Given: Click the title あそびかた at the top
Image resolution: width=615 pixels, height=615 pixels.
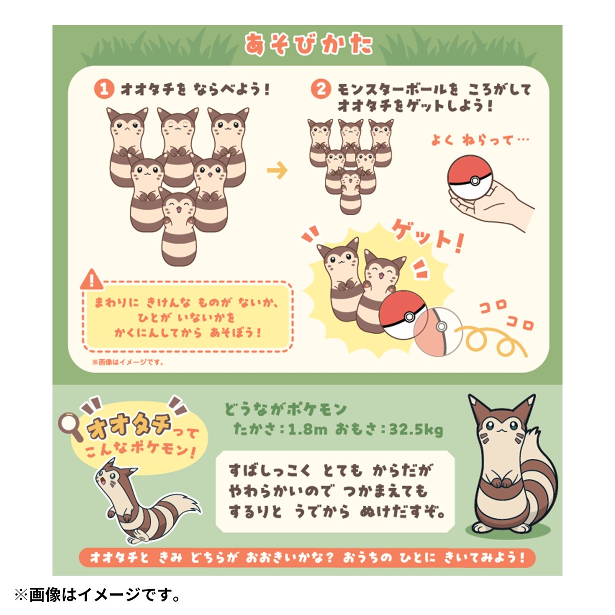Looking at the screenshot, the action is tap(308, 44).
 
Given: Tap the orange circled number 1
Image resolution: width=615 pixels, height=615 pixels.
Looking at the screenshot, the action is tap(104, 89).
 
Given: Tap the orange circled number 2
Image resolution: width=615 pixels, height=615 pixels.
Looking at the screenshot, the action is tap(321, 89).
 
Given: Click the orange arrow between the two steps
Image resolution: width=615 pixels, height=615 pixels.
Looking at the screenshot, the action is tap(277, 170).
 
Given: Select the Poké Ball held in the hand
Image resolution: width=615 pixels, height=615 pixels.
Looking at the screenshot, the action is tap(469, 177).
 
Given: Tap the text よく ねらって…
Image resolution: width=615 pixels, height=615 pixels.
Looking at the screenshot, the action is tap(480, 141).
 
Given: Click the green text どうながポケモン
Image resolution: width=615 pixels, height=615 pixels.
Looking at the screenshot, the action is tap(285, 409).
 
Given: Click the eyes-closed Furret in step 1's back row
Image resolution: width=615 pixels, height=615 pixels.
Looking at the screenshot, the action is tap(178, 143).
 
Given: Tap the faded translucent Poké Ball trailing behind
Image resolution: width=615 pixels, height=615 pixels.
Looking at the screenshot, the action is tap(438, 331).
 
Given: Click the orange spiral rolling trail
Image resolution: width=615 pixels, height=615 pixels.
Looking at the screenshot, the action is tap(492, 340).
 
